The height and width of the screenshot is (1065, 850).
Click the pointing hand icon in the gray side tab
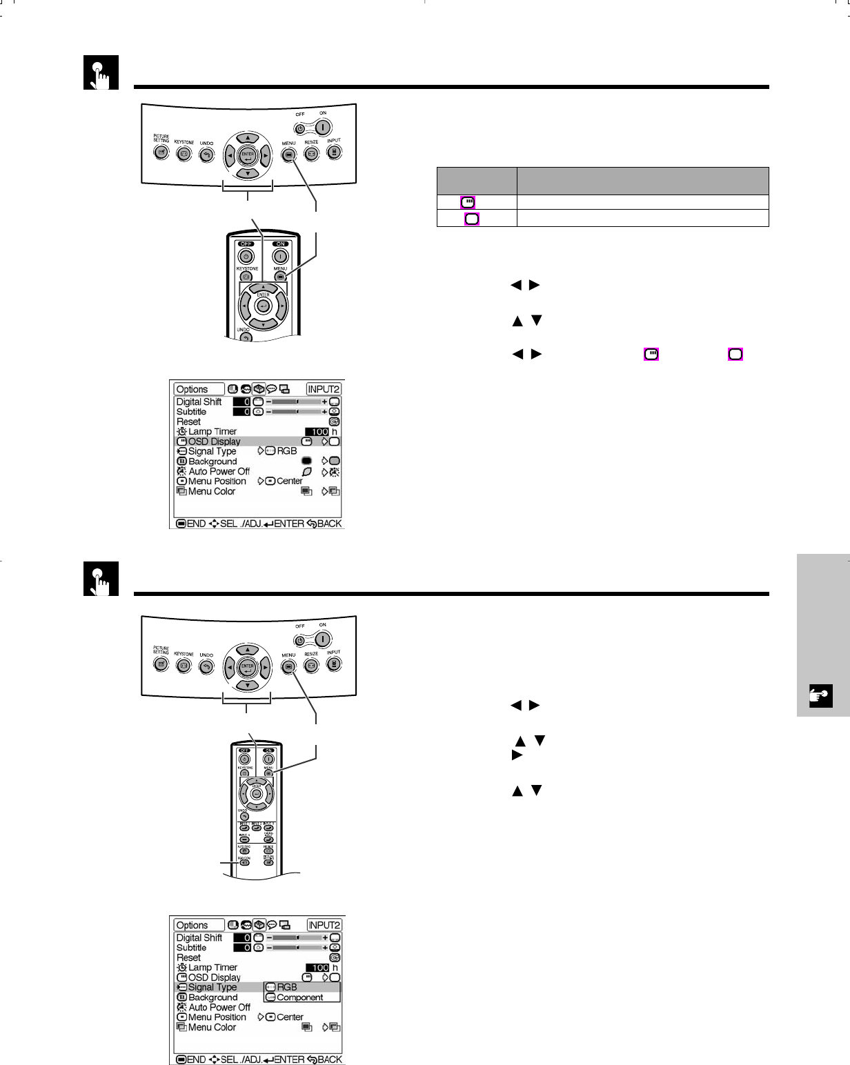(x=821, y=696)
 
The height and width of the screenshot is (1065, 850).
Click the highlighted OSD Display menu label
(x=214, y=441)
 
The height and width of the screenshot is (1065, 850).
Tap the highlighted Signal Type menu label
(x=212, y=987)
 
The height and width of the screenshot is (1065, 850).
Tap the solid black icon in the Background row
(x=307, y=461)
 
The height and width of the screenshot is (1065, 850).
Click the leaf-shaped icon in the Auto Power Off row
(x=307, y=472)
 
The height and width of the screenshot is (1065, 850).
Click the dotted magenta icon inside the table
(x=468, y=202)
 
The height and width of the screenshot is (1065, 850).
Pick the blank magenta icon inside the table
(x=472, y=219)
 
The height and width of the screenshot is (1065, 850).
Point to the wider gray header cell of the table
(x=643, y=181)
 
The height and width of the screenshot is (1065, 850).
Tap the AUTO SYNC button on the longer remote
(x=244, y=850)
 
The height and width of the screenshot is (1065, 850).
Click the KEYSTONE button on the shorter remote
(x=246, y=277)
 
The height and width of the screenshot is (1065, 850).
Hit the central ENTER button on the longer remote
(x=257, y=793)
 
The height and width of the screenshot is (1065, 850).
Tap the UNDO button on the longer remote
(x=244, y=817)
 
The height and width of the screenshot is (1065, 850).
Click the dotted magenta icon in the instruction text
(x=651, y=355)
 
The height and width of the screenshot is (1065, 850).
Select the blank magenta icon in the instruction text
(x=735, y=355)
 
